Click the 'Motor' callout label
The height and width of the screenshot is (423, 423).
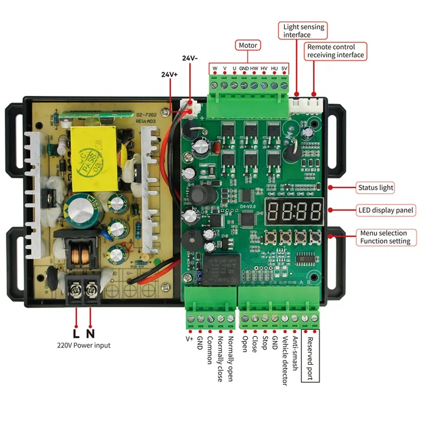click(x=248, y=45)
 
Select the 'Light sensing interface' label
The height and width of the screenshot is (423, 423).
click(x=304, y=31)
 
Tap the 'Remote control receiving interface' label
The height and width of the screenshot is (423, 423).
click(x=335, y=51)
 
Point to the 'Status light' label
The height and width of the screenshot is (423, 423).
click(x=375, y=188)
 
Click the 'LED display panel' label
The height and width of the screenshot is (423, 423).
click(x=385, y=210)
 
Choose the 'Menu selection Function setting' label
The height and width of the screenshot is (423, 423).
click(x=385, y=237)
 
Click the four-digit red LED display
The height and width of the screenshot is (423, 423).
click(x=294, y=211)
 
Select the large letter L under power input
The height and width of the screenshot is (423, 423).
click(x=76, y=334)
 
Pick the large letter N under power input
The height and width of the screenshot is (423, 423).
click(x=90, y=334)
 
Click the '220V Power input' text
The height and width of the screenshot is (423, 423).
click(x=84, y=346)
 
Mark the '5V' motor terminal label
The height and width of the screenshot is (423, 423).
click(x=284, y=69)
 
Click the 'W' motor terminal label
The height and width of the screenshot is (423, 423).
click(x=215, y=69)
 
